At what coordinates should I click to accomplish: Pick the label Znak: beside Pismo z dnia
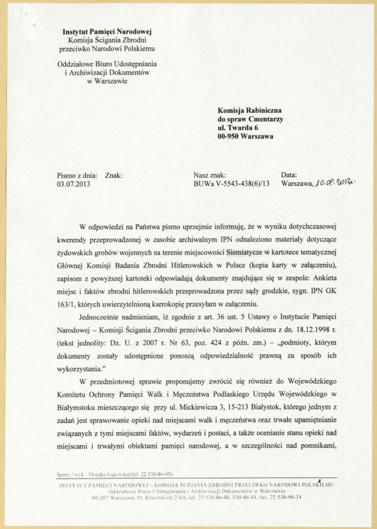pyautogui.click(x=114, y=175)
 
